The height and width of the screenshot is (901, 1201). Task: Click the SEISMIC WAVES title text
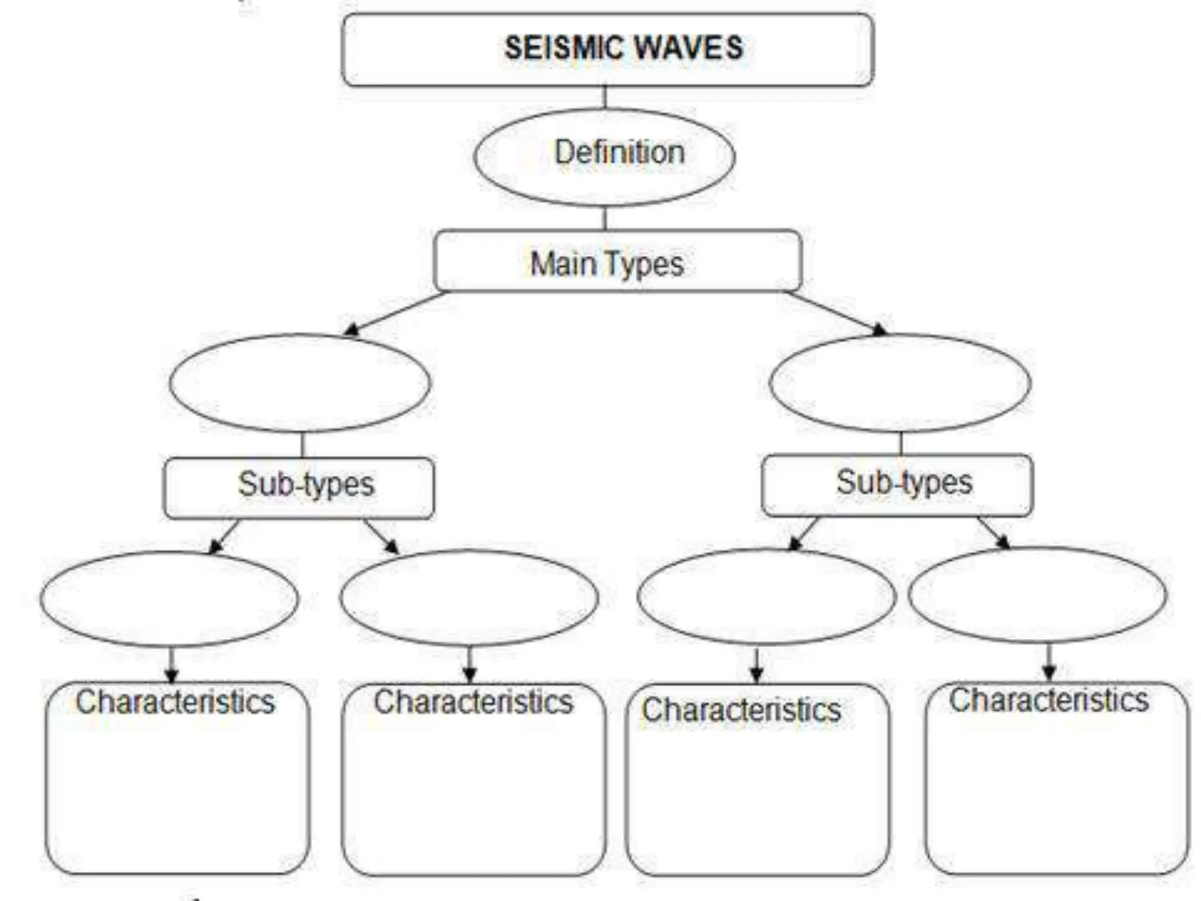click(x=623, y=48)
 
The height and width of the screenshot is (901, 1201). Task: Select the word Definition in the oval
click(x=619, y=153)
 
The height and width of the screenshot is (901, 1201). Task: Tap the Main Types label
click(x=607, y=263)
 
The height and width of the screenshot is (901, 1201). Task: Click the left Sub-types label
click(x=306, y=485)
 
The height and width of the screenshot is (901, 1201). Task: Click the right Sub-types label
click(x=904, y=483)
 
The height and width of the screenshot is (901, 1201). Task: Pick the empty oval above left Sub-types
click(x=300, y=383)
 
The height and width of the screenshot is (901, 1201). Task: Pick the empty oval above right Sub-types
click(x=900, y=383)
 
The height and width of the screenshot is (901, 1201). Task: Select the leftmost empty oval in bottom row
click(x=169, y=599)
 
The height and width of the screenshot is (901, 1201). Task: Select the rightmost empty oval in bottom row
click(x=1037, y=595)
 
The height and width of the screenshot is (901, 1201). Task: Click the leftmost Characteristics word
click(x=175, y=702)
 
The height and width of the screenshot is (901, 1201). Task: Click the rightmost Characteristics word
click(x=1049, y=700)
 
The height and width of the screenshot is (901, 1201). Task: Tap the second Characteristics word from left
click(x=473, y=702)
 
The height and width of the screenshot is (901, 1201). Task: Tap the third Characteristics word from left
click(x=741, y=709)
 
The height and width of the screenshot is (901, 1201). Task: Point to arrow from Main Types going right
click(x=836, y=312)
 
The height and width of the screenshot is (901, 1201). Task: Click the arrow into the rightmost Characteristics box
click(x=1049, y=662)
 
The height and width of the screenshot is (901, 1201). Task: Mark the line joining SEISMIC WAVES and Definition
click(x=605, y=97)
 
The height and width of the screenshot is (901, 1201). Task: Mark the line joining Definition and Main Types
click(x=605, y=218)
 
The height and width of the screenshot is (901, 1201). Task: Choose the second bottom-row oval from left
click(x=469, y=598)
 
